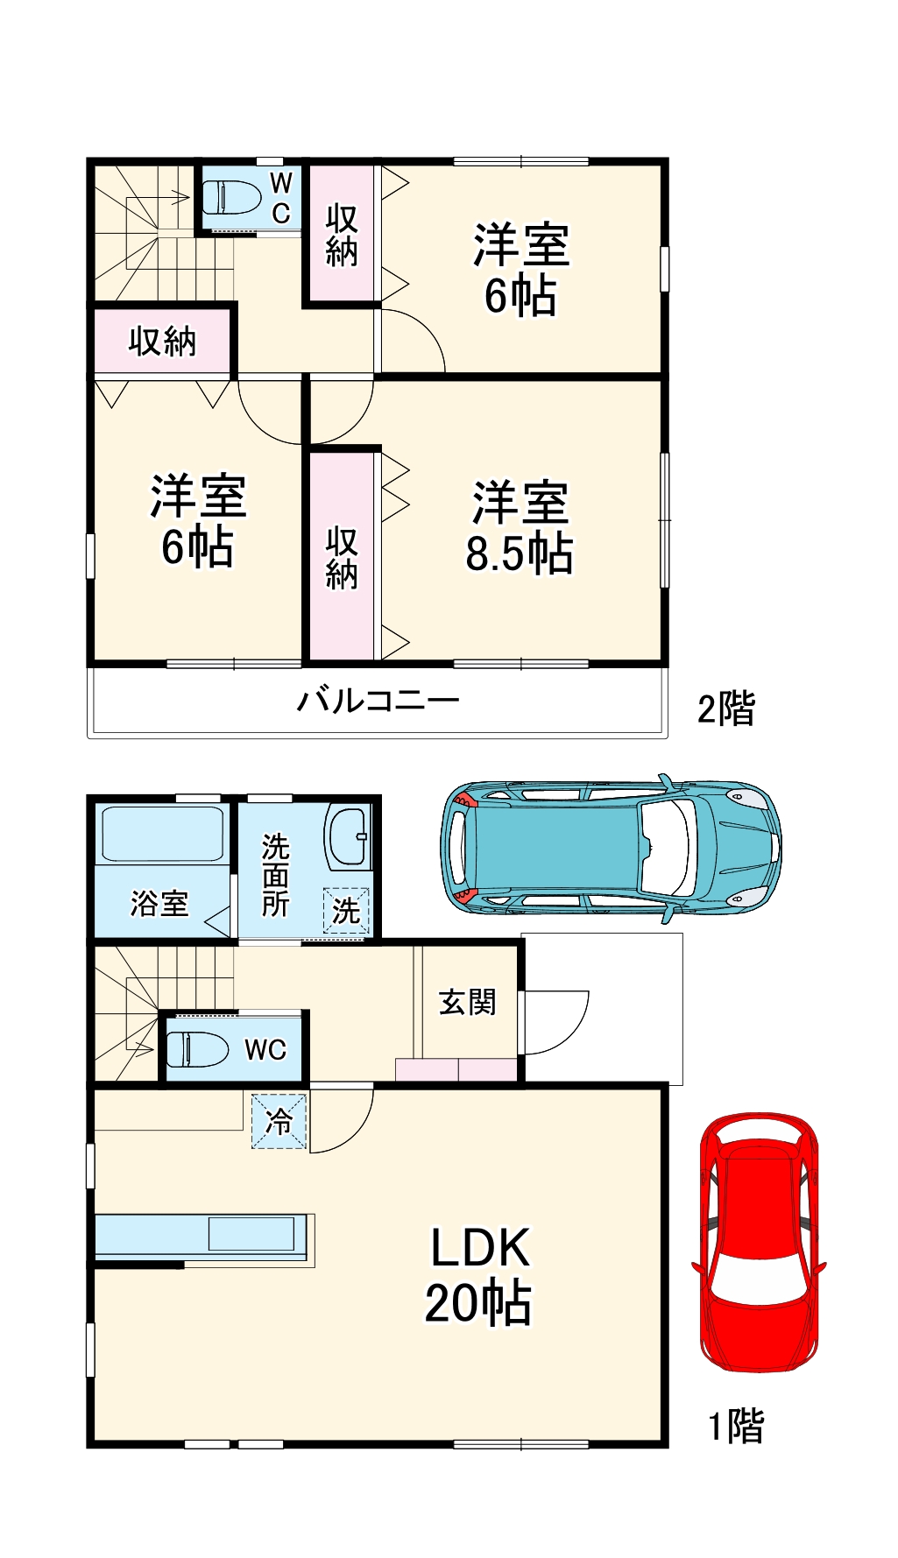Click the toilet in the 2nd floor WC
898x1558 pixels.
pyautogui.click(x=231, y=198)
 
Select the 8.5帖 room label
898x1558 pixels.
pyautogui.click(x=520, y=528)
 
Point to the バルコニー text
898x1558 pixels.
pyautogui.click(x=378, y=701)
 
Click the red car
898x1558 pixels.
pyautogui.click(x=760, y=1242)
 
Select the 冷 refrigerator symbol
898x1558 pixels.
pyautogui.click(x=279, y=1121)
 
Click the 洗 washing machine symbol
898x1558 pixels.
pyautogui.click(x=346, y=911)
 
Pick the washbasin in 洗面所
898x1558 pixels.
pyautogui.click(x=348, y=836)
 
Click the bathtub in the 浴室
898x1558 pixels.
pyautogui.click(x=163, y=834)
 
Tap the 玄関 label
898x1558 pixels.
pyautogui.click(x=467, y=1002)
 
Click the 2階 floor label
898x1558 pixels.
pyautogui.click(x=725, y=708)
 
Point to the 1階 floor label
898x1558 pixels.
pyautogui.click(x=735, y=1427)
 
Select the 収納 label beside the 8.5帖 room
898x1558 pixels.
pyautogui.click(x=342, y=558)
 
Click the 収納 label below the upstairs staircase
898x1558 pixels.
pyautogui.click(x=162, y=342)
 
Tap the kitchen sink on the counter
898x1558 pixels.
pyautogui.click(x=251, y=1234)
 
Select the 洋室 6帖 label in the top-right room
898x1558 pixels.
pyautogui.click(x=521, y=270)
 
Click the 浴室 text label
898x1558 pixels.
pyautogui.click(x=159, y=903)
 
